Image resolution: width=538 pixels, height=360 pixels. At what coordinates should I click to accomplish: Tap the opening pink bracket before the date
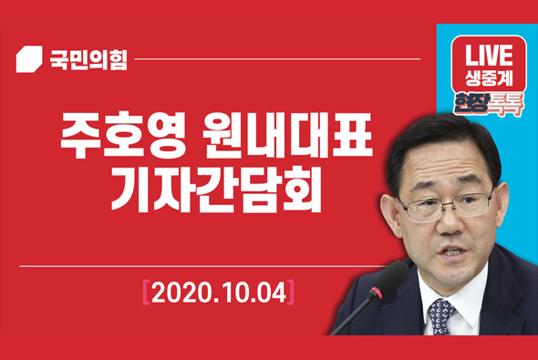146,293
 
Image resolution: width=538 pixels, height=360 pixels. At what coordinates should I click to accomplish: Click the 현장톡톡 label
488,102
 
